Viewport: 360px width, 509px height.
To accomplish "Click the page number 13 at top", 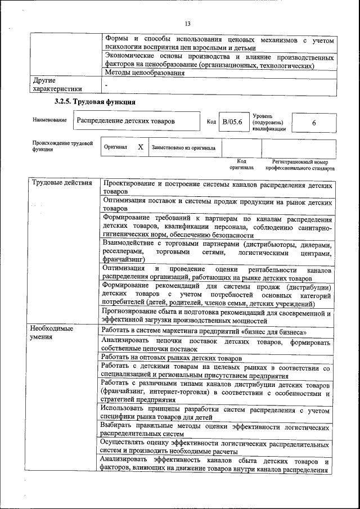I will (187, 23).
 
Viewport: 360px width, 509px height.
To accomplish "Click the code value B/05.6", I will (232, 121).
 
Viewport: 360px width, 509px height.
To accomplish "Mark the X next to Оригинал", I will (141, 147).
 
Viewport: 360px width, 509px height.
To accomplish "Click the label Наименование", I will (49, 120).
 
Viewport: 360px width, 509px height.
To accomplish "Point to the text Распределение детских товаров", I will (125, 121).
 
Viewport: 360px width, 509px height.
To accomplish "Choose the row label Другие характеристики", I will (57, 84).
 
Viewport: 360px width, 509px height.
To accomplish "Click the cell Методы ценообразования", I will (144, 73).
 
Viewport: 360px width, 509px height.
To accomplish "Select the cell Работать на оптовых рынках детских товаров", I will (172, 358).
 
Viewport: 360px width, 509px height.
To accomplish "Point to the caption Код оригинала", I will (241, 164).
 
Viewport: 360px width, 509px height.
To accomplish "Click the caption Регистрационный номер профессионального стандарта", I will (300, 165).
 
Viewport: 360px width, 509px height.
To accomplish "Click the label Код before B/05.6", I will (211, 121).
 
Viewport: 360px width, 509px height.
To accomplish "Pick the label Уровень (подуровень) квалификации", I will (269, 122).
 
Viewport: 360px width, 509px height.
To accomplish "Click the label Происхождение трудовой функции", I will (62, 147).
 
